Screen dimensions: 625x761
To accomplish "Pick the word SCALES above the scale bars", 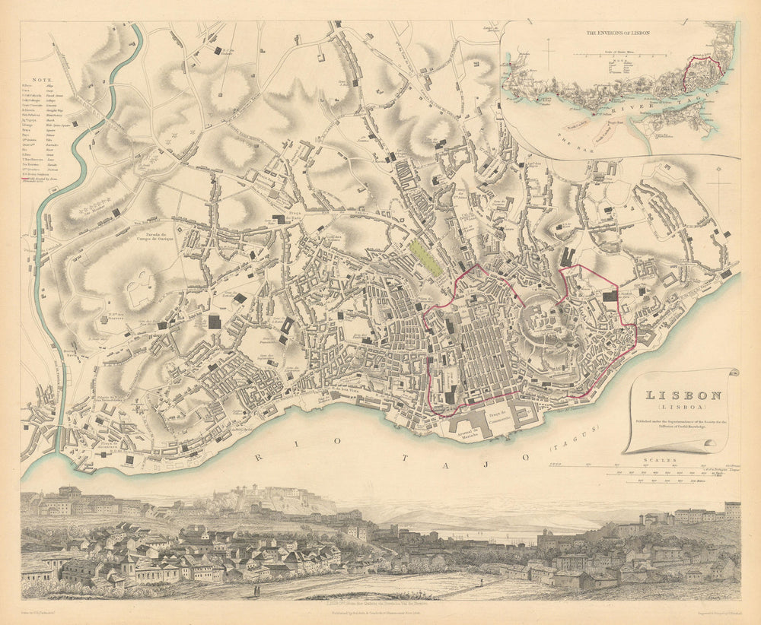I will click(654, 459).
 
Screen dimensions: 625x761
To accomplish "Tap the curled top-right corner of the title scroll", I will click(732, 373).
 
